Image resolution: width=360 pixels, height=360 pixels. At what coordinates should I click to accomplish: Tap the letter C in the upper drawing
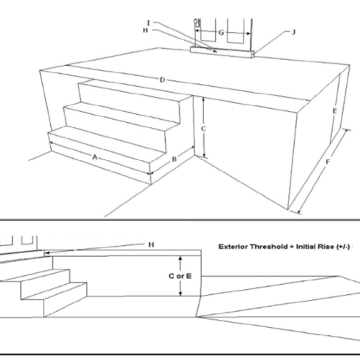[x=204, y=129]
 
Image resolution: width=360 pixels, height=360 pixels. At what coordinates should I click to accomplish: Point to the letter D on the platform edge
[x=162, y=80]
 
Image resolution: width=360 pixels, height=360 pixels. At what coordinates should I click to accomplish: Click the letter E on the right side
[x=334, y=111]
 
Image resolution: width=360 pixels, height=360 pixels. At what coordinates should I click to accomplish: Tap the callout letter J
[x=293, y=32]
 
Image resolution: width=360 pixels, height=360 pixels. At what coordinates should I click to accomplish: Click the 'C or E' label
[x=181, y=276]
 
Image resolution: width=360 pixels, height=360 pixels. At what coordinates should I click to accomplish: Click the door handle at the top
[x=195, y=22]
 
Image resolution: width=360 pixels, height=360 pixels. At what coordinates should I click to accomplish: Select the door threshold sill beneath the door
[x=222, y=51]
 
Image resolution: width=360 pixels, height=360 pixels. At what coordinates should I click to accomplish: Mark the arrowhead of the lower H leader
[x=46, y=252]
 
